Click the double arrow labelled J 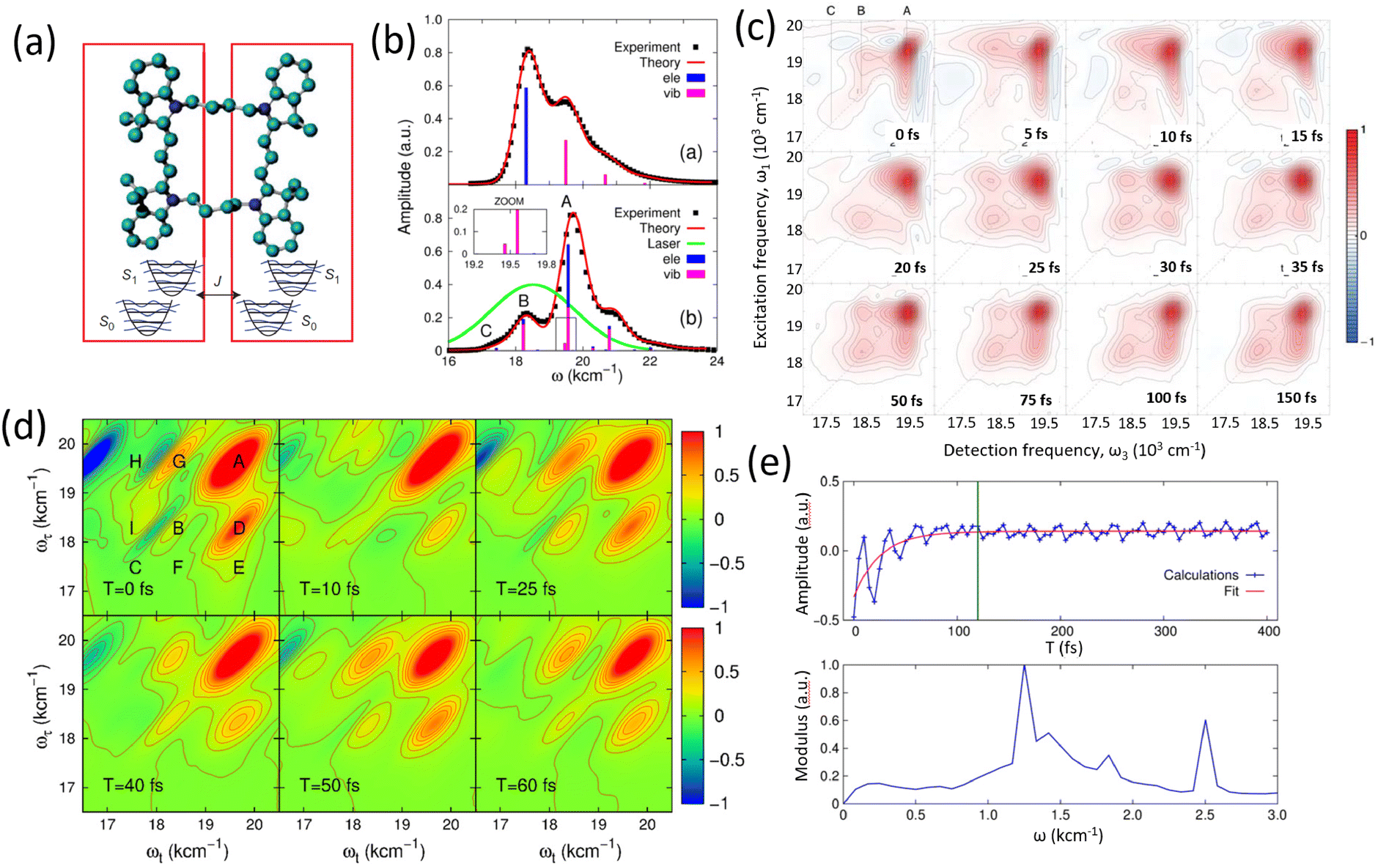point(218,295)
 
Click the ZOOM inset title point(509,201)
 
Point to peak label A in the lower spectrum point(566,202)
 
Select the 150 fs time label point(1296,398)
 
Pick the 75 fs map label point(1035,399)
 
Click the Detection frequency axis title point(1074,450)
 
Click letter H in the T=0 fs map point(135,462)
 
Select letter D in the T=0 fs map point(238,528)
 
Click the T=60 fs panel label point(526,785)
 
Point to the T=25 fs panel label point(526,589)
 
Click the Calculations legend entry point(1201,575)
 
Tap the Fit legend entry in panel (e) point(1231,591)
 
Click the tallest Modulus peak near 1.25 point(1024,667)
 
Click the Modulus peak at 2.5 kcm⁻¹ point(1205,721)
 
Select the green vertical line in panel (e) point(978,549)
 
